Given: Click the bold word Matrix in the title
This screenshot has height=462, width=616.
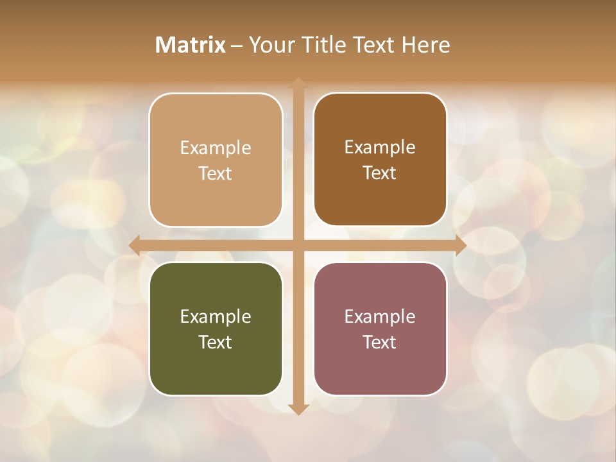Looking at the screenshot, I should (x=191, y=45).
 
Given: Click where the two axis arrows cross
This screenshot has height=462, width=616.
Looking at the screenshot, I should (x=298, y=245).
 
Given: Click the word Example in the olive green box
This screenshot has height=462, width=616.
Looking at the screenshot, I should (x=216, y=316).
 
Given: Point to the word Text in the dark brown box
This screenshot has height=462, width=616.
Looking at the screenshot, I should (x=380, y=173).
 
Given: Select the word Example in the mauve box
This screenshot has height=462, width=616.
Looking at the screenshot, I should (x=380, y=316).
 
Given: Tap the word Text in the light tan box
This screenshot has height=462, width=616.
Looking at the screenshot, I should (x=216, y=174).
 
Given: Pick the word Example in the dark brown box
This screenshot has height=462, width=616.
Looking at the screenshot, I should (x=380, y=148).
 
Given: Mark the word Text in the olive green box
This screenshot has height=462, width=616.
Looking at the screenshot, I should (x=216, y=342).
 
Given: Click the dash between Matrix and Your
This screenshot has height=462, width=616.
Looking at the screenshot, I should (x=237, y=46).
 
